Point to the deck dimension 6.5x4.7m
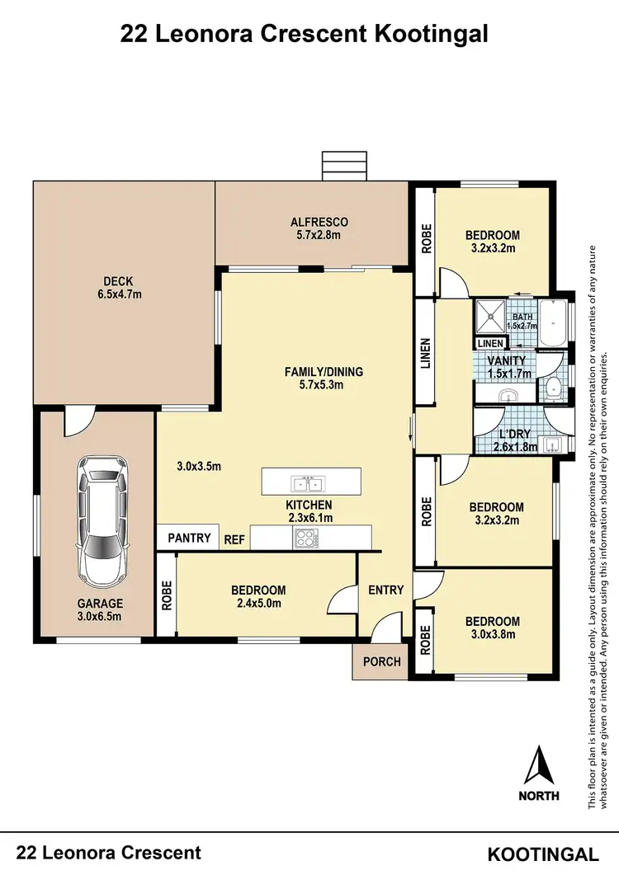(119, 294)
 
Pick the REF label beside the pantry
(234, 539)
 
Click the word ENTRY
(385, 590)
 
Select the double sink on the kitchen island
(311, 480)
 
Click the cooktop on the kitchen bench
(305, 539)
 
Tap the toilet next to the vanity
(550, 389)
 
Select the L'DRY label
(516, 435)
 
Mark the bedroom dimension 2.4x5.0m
(258, 603)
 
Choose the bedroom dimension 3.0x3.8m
(492, 634)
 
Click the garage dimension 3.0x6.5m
(100, 616)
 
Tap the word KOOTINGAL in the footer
(543, 854)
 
